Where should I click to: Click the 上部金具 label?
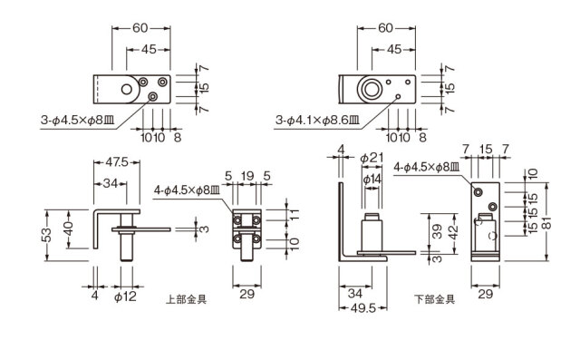coord(186,299)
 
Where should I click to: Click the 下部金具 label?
coord(434,299)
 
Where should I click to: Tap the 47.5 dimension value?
coord(117,162)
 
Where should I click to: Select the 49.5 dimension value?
coord(362,307)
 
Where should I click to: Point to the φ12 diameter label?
coord(125,296)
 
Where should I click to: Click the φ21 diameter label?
coord(372,159)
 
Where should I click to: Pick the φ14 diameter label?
coord(372,180)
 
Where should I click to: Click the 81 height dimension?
coord(547,223)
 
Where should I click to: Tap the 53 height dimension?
coord(46,235)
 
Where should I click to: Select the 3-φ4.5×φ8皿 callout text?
coord(78,120)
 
